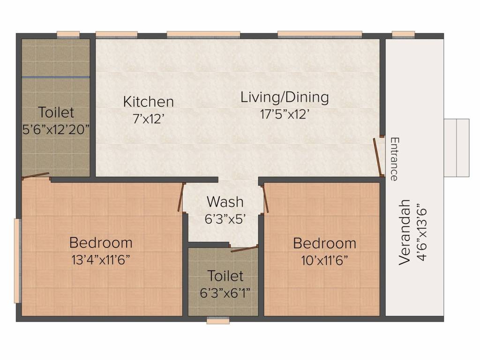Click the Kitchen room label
pyautogui.click(x=149, y=102)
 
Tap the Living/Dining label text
pyautogui.click(x=285, y=97)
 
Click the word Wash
pyautogui.click(x=225, y=202)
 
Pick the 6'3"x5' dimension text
pyautogui.click(x=225, y=219)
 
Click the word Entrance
pyautogui.click(x=395, y=159)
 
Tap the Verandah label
pyautogui.click(x=405, y=232)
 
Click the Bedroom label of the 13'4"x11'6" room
pyautogui.click(x=101, y=243)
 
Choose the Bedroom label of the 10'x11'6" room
pyautogui.click(x=325, y=243)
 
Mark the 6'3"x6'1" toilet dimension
pyautogui.click(x=225, y=293)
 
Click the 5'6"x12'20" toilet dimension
pyautogui.click(x=56, y=129)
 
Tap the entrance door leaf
pyautogui.click(x=378, y=157)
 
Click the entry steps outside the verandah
pyautogui.click(x=457, y=148)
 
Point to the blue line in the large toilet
pyautogui.click(x=56, y=77)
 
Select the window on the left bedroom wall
pyautogui.click(x=18, y=261)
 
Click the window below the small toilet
pyautogui.click(x=218, y=321)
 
